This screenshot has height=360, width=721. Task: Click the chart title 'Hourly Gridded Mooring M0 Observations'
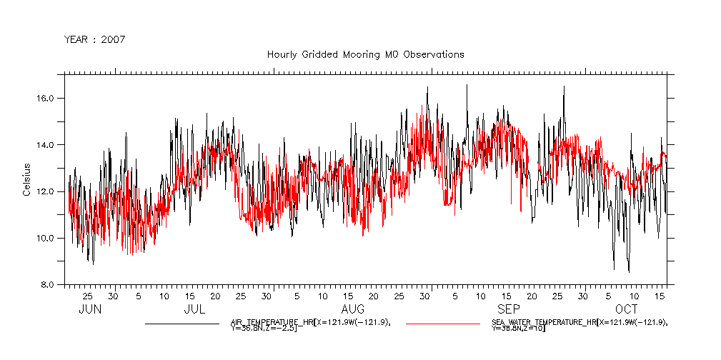pos(365,54)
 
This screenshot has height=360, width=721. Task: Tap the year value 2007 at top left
pos(113,39)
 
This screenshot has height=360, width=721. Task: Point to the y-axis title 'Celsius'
pos(26,179)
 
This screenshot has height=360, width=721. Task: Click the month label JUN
pos(89,309)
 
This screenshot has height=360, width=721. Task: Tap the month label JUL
pos(194,309)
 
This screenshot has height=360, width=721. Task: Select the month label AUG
pos(353,309)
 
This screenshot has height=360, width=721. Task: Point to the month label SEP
pos(508,309)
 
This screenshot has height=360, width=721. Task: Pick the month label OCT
pos(627,309)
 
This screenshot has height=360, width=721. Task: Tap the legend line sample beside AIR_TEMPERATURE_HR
pos(182,324)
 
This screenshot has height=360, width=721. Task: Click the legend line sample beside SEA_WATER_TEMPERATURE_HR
pos(443,324)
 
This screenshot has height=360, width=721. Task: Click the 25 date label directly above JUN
pos(87,296)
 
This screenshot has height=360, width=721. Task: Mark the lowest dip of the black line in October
pos(629,271)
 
